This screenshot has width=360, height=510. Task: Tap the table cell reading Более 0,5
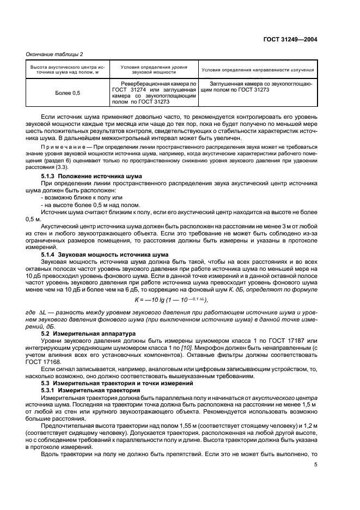pyautogui.click(x=67, y=93)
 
